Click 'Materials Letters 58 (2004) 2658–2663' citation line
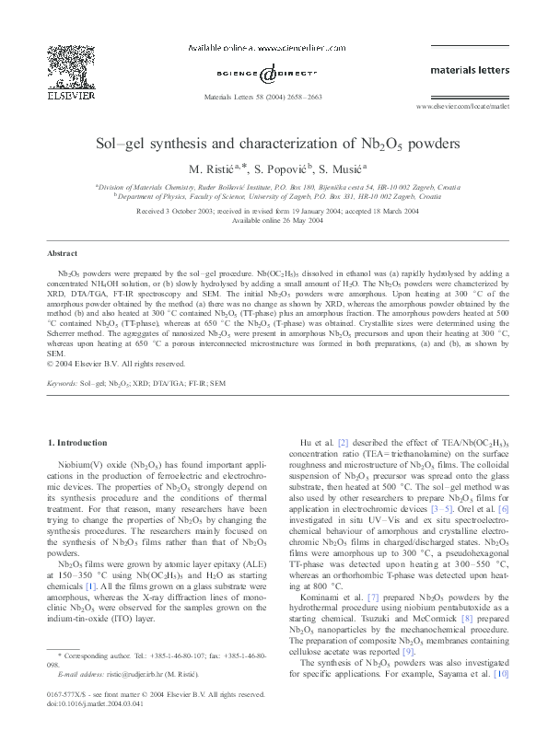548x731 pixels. point(274,97)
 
